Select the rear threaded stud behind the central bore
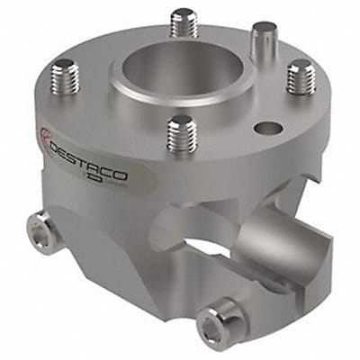click(184, 22)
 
